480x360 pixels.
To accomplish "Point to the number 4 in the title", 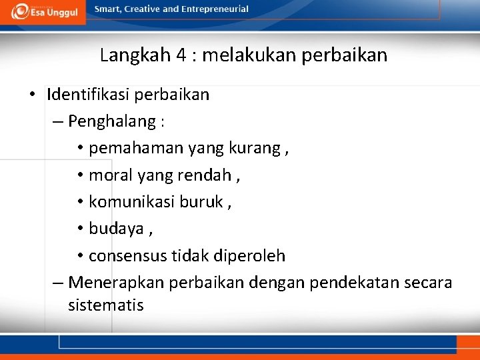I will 181,55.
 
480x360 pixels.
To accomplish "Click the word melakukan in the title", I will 249,55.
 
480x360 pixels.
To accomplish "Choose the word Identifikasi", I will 89,95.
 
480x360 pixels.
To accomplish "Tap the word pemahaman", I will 127,149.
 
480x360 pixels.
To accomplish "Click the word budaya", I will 116,229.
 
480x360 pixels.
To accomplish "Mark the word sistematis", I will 105,305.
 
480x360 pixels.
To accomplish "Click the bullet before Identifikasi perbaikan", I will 32,95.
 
